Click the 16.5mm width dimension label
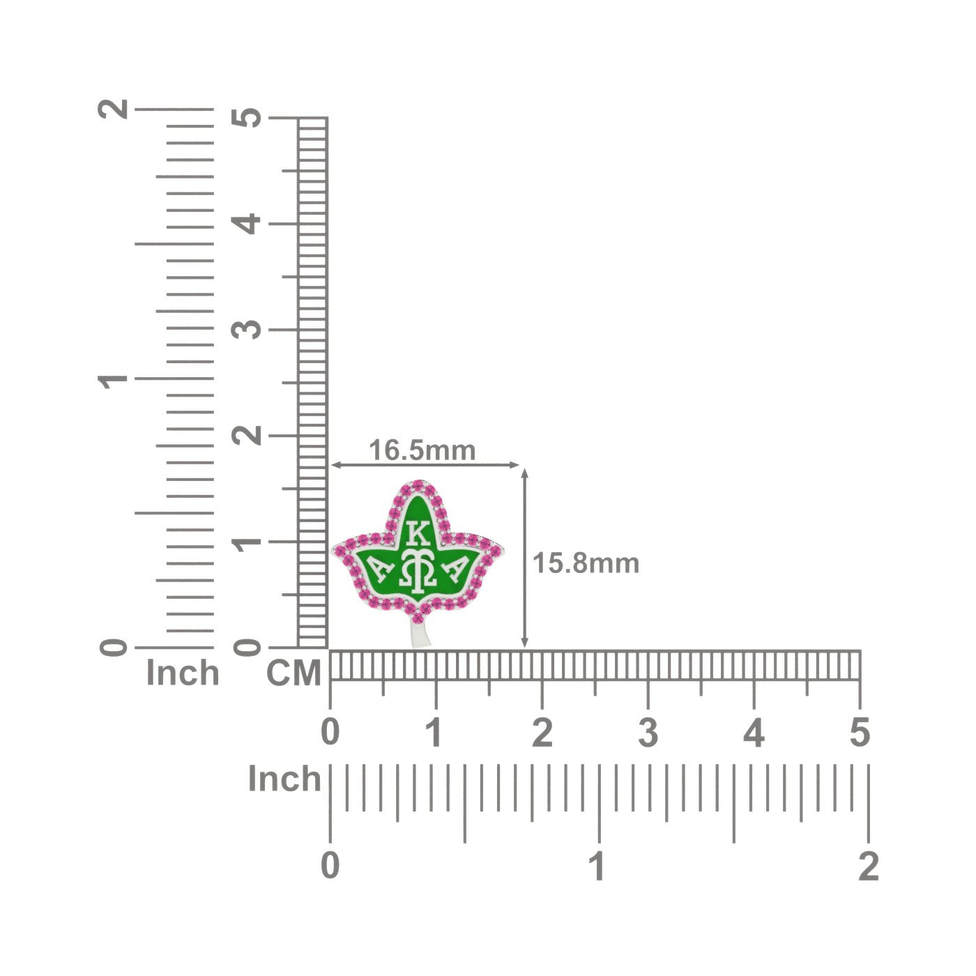(422, 450)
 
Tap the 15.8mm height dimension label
(586, 563)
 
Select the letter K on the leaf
(418, 533)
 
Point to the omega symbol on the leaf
(418, 569)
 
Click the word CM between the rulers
(293, 673)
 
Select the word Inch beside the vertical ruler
(183, 673)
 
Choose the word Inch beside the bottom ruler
(284, 779)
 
